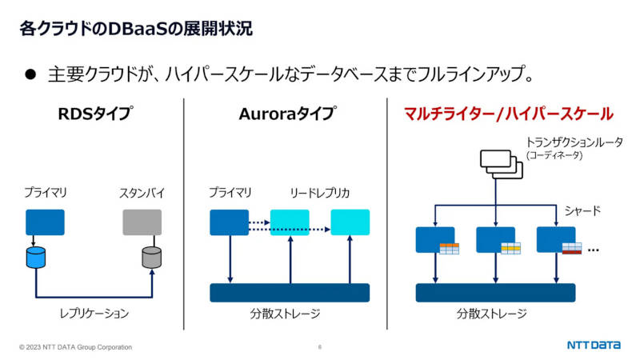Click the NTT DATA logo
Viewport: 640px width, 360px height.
pyautogui.click(x=594, y=346)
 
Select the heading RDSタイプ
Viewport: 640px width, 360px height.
pyautogui.click(x=95, y=114)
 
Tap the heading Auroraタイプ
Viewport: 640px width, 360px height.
pyautogui.click(x=288, y=114)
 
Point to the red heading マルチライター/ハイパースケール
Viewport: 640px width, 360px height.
pyautogui.click(x=509, y=114)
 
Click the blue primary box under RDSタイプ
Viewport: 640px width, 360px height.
pyautogui.click(x=45, y=222)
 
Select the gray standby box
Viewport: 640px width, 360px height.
pyautogui.click(x=142, y=222)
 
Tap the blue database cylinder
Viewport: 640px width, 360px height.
pyautogui.click(x=36, y=257)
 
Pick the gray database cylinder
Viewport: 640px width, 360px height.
pyautogui.click(x=151, y=257)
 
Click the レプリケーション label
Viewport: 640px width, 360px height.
pyautogui.click(x=94, y=314)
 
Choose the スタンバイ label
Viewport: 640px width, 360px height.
pyautogui.click(x=142, y=193)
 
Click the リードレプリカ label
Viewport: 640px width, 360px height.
pyautogui.click(x=320, y=193)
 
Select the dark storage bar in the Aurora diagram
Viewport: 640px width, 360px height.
pyautogui.click(x=290, y=293)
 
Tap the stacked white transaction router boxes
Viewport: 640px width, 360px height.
pyautogui.click(x=502, y=164)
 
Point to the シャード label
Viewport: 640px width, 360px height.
pyautogui.click(x=582, y=211)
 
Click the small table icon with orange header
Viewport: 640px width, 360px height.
pyautogui.click(x=450, y=249)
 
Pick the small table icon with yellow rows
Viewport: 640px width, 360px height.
pyautogui.click(x=510, y=249)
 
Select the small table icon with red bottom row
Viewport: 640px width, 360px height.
pyautogui.click(x=572, y=249)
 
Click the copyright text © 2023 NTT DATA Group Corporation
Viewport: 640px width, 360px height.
pyautogui.click(x=75, y=347)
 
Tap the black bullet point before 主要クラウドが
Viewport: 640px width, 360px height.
pyautogui.click(x=30, y=74)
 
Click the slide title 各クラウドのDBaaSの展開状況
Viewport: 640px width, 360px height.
pyautogui.click(x=136, y=29)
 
